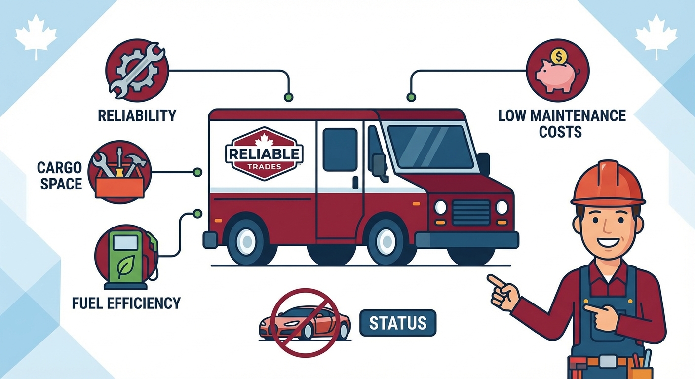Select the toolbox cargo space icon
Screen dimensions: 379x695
[x=120, y=173]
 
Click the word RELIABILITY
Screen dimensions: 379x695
[x=137, y=116]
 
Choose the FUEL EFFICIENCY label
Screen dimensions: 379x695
[x=126, y=303]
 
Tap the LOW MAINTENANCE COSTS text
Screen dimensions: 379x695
[x=562, y=123]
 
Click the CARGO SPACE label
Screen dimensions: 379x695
[x=59, y=176]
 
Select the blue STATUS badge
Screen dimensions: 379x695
[x=398, y=323]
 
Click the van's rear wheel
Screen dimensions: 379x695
[x=246, y=240]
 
